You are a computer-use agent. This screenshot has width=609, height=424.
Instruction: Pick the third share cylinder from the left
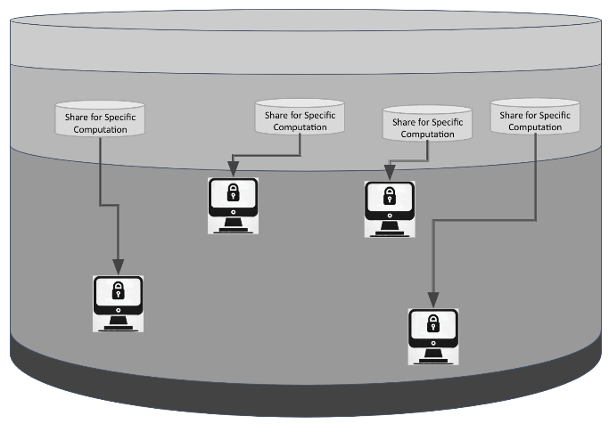tap(428, 126)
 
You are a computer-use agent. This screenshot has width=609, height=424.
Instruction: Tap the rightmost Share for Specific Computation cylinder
tap(535, 118)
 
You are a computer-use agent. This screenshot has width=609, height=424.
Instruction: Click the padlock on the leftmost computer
tap(118, 290)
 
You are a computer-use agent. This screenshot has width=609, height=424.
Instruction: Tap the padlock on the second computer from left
tap(233, 192)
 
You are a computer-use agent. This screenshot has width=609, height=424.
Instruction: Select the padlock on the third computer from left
tap(390, 196)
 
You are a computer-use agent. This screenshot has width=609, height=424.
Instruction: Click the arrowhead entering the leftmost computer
tap(118, 265)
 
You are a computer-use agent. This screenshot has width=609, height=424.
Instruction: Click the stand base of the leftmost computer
tap(118, 327)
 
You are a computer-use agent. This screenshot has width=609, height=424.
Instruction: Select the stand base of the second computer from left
tap(233, 227)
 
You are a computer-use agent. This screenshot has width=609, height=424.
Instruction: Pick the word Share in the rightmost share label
tap(512, 114)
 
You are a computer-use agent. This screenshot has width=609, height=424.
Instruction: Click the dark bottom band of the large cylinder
tap(304, 392)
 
